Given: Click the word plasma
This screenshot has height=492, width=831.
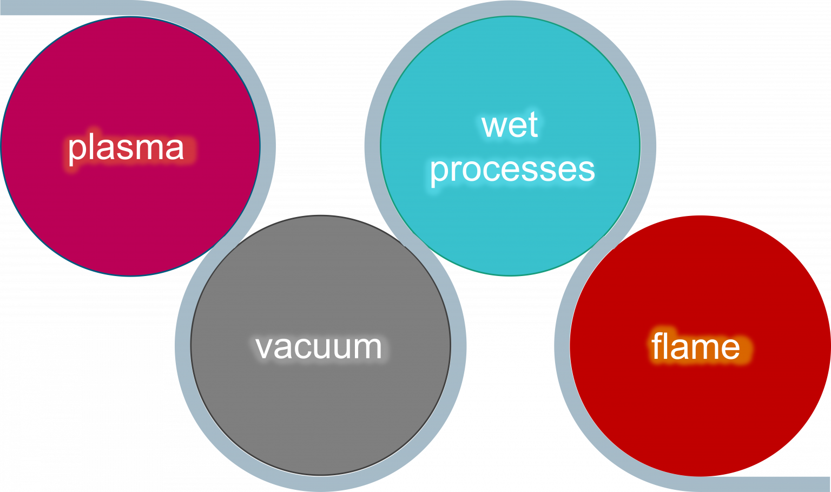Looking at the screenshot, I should [x=126, y=148].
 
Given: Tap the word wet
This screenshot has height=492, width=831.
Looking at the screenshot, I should [x=510, y=125].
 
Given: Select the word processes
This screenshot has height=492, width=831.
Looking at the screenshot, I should [x=512, y=169].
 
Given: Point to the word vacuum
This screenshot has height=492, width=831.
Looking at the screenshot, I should [x=319, y=347].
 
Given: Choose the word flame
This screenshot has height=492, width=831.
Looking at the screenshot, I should [x=695, y=346].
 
